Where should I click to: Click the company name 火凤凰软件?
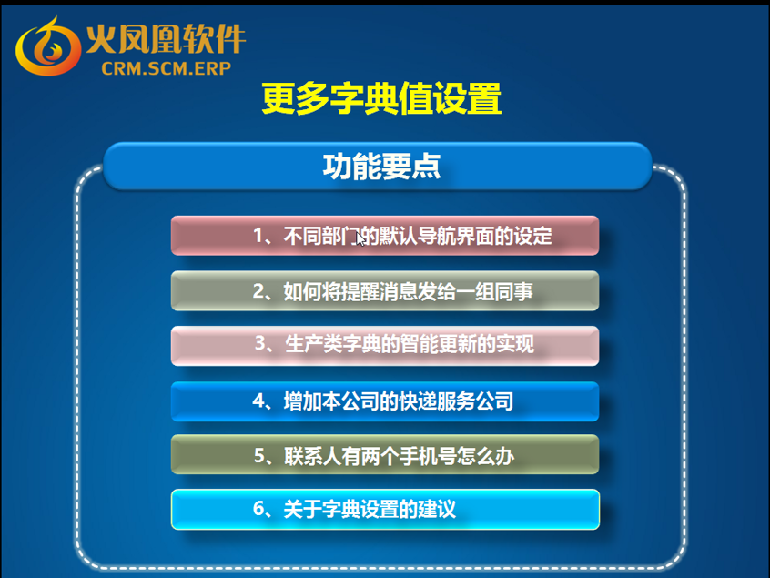(x=166, y=39)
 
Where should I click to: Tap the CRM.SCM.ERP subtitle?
(x=166, y=68)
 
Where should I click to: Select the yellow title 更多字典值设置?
(x=381, y=98)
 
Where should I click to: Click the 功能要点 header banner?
(x=378, y=166)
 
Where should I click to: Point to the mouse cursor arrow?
(x=360, y=238)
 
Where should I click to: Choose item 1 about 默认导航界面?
(x=385, y=236)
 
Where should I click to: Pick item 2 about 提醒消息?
(x=385, y=290)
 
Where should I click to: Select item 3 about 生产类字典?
(x=385, y=346)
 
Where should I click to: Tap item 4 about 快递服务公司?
(x=385, y=401)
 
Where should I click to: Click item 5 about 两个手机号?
(x=385, y=455)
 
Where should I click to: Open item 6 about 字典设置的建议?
(x=385, y=509)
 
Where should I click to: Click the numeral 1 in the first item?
(x=258, y=237)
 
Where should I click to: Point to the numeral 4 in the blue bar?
(x=258, y=401)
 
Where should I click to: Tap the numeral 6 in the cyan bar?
(x=258, y=509)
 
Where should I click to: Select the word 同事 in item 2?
(x=513, y=291)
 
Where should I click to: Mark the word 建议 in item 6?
(x=437, y=509)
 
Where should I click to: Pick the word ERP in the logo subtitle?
(x=213, y=68)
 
